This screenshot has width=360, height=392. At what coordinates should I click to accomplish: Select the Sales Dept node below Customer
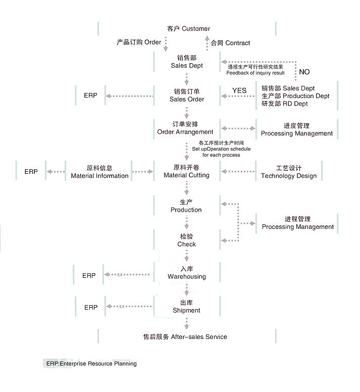tap(187, 62)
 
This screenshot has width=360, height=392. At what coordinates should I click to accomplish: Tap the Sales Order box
tap(187, 95)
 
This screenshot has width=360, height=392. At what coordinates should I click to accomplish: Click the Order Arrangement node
tap(185, 128)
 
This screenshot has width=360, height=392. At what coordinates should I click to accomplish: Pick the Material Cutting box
tap(186, 171)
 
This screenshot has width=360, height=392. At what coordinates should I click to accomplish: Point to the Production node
tap(186, 206)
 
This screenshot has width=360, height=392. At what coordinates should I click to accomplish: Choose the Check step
tap(186, 240)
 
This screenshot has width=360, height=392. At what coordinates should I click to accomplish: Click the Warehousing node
tap(187, 273)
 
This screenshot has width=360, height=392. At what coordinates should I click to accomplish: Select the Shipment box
tap(186, 307)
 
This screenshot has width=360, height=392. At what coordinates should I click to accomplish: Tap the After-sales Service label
tap(185, 336)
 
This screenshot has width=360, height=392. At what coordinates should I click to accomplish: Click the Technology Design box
tap(289, 172)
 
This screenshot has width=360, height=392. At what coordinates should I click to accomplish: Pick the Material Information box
tap(99, 172)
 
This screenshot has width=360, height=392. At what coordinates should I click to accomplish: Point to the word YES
tap(239, 90)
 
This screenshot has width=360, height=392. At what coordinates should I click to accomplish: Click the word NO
tap(304, 72)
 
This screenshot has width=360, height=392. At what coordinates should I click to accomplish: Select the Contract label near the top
tap(231, 43)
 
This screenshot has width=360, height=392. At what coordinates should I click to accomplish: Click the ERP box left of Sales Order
tap(91, 95)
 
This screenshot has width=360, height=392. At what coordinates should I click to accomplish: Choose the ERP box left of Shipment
tap(91, 307)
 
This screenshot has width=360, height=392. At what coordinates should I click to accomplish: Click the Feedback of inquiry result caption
tap(255, 73)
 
